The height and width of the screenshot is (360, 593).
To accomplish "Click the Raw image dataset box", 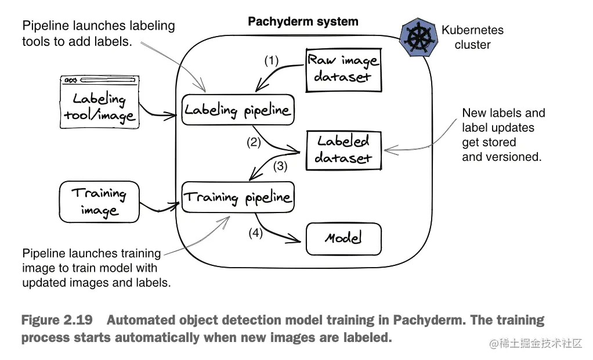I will click(x=343, y=69).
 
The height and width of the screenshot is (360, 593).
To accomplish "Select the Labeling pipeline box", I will click(x=238, y=110).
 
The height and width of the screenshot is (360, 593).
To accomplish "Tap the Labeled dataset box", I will click(x=343, y=149).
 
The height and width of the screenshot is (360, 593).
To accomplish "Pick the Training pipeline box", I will click(x=238, y=197).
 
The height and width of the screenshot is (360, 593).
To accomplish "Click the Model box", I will click(x=343, y=238).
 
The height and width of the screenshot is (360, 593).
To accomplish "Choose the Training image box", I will click(x=99, y=201).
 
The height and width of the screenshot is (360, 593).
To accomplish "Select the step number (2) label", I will click(x=254, y=142).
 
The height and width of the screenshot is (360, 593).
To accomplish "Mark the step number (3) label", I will click(x=281, y=166).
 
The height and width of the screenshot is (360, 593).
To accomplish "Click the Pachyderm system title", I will click(x=303, y=22).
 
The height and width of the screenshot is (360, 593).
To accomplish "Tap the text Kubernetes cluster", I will click(x=472, y=37).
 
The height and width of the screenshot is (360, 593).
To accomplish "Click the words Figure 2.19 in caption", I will click(x=56, y=321).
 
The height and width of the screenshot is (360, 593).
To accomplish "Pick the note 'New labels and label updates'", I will click(x=503, y=135).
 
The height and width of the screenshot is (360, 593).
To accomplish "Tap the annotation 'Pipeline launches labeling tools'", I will click(x=98, y=34).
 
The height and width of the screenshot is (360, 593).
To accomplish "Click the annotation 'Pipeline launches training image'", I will click(x=92, y=268).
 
